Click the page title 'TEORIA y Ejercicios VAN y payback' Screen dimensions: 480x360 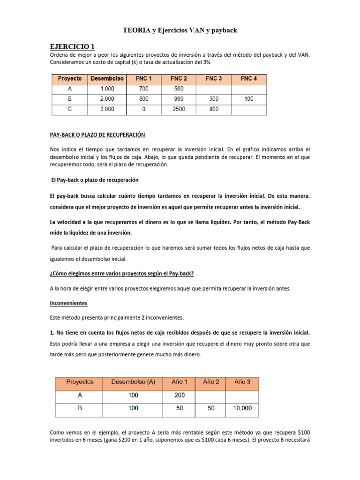[180, 30]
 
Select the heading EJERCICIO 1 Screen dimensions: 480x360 [72, 46]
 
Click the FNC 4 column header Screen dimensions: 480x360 [249, 79]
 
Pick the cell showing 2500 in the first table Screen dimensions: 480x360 [179, 110]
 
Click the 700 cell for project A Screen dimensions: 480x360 [143, 89]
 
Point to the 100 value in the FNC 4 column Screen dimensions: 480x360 [249, 99]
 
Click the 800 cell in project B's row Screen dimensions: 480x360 [143, 99]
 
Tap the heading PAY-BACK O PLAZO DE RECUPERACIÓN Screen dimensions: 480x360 [97, 135]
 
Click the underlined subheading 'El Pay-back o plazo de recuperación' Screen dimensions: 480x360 [94, 180]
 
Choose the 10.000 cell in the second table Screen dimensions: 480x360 [242, 408]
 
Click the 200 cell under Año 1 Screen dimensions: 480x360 [180, 395]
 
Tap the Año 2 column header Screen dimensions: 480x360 [211, 382]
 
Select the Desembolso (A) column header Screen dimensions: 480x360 [133, 382]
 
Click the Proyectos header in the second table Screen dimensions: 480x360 [79, 382]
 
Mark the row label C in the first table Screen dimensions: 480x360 [69, 110]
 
